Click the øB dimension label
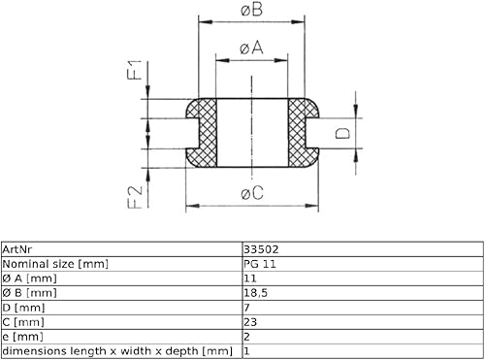(x=251, y=10)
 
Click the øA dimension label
(x=251, y=49)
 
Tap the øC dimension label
(x=252, y=193)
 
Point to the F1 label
(x=135, y=70)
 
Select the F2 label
(x=135, y=197)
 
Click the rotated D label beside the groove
(x=342, y=133)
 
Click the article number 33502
(x=261, y=249)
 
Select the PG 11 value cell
(x=260, y=264)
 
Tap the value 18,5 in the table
(x=255, y=293)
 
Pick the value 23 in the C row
(x=250, y=322)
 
